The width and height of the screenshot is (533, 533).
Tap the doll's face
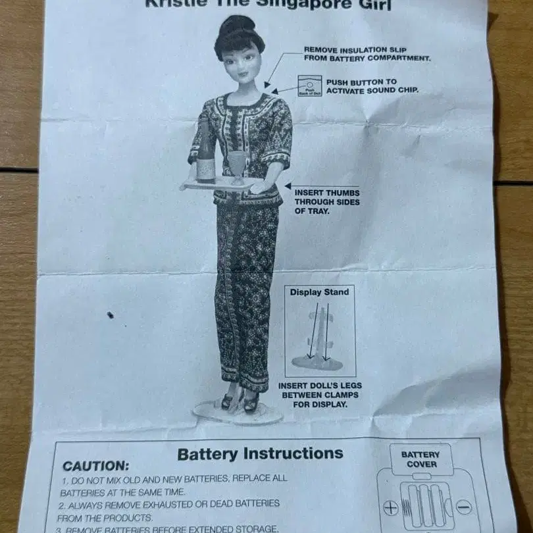(x=240, y=63)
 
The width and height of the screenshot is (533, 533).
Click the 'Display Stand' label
(x=320, y=292)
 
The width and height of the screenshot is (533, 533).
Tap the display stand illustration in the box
(x=318, y=339)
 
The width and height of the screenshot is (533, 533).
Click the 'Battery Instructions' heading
(x=260, y=453)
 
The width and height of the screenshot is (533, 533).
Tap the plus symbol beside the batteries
(x=390, y=507)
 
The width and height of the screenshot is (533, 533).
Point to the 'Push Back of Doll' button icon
(x=306, y=86)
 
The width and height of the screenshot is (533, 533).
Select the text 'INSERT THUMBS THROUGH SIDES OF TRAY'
(x=327, y=202)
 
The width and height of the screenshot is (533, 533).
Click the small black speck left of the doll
(x=110, y=315)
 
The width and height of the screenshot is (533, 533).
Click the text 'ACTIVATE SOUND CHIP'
(x=372, y=91)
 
